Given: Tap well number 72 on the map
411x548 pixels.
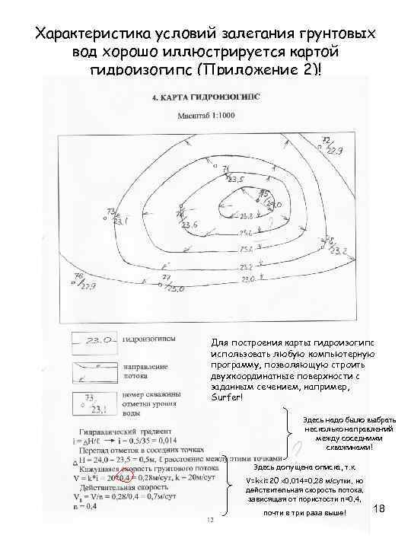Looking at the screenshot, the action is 327,141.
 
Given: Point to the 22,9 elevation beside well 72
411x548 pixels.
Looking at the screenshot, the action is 335,149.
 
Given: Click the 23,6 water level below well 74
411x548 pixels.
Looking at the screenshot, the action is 190,225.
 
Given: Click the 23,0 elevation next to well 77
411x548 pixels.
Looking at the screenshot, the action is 176,289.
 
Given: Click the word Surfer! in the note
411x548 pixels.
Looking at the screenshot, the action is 227,399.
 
